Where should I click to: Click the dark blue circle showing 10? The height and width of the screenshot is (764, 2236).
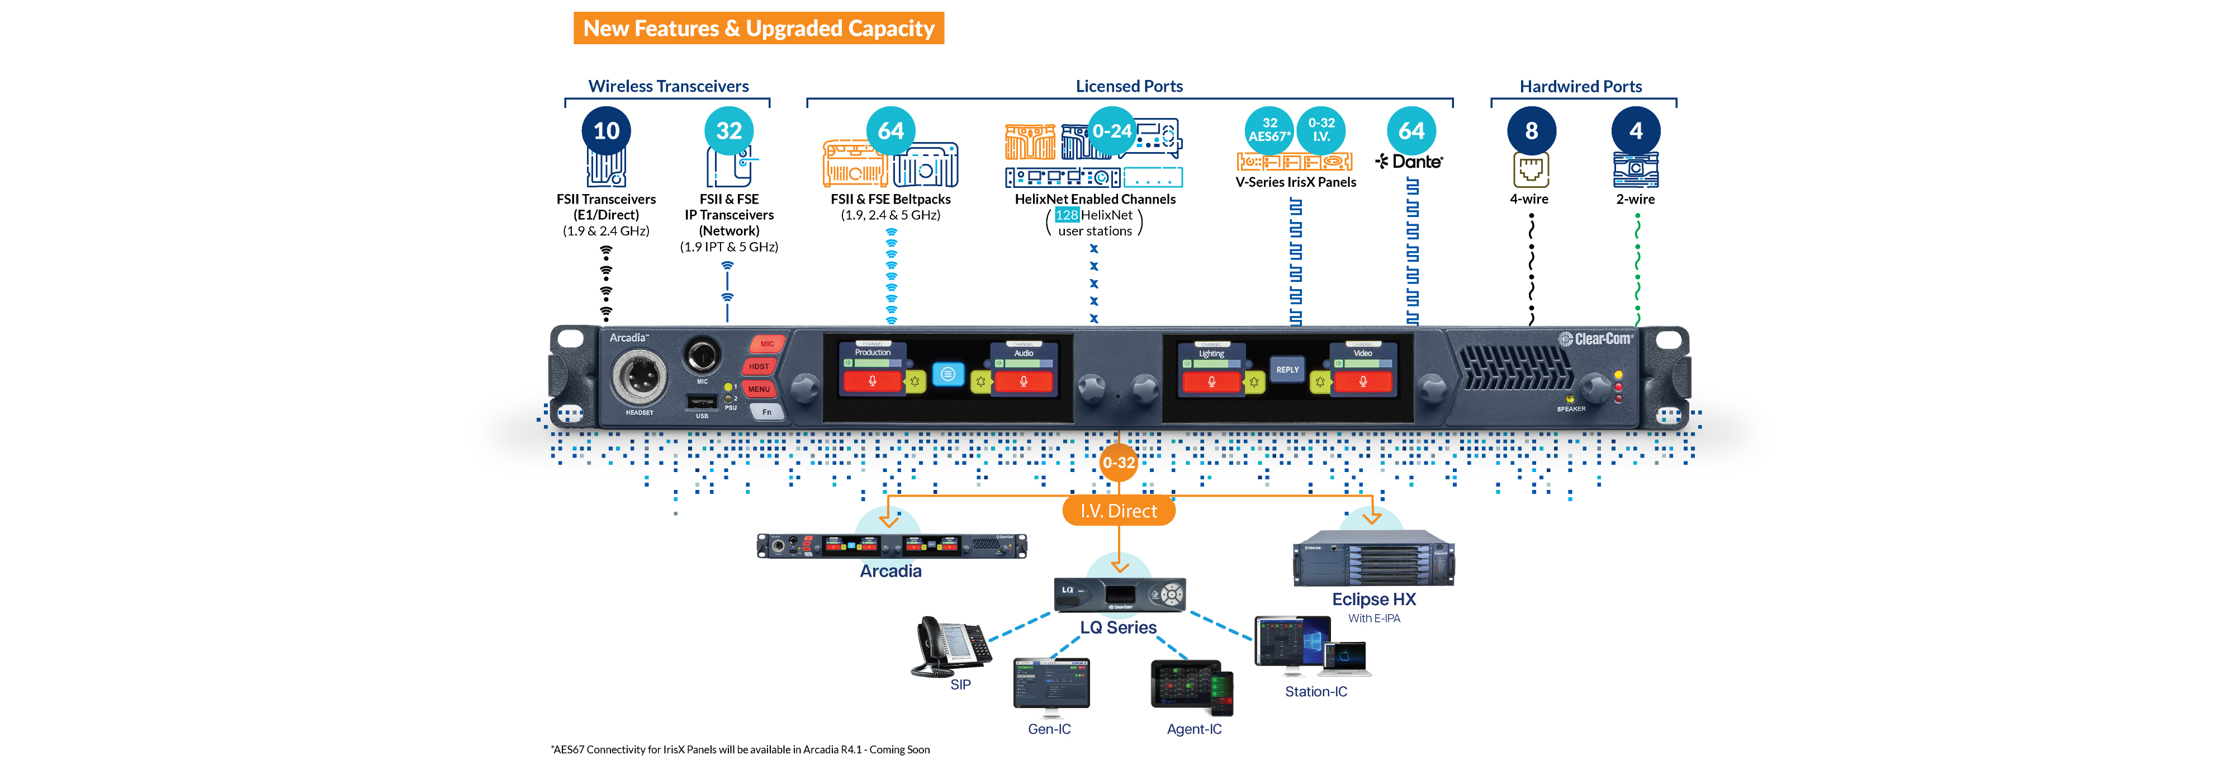pyautogui.click(x=606, y=131)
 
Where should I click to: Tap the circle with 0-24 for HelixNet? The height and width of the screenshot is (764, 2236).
pyautogui.click(x=1112, y=131)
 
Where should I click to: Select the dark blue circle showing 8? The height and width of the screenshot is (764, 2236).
pyautogui.click(x=1531, y=131)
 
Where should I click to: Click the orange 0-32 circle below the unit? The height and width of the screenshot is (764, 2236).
pyautogui.click(x=1119, y=463)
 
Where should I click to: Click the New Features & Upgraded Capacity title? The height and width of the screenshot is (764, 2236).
pyautogui.click(x=758, y=29)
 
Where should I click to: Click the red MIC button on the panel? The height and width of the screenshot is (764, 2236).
pyautogui.click(x=766, y=344)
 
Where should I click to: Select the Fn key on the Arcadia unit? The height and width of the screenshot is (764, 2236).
pyautogui.click(x=766, y=412)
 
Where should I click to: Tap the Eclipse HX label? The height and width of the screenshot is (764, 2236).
pyautogui.click(x=1373, y=599)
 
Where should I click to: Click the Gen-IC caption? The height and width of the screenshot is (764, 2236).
pyautogui.click(x=1049, y=729)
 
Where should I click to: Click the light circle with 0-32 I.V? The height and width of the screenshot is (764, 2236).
pyautogui.click(x=1321, y=130)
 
